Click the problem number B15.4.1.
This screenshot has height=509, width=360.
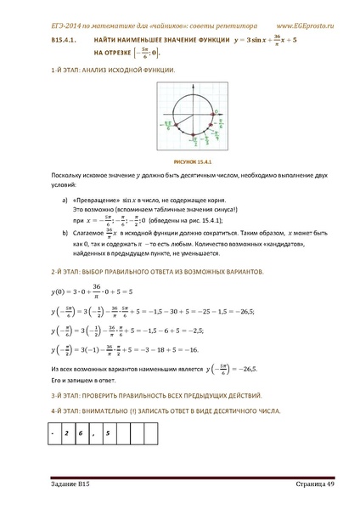point(65,40)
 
